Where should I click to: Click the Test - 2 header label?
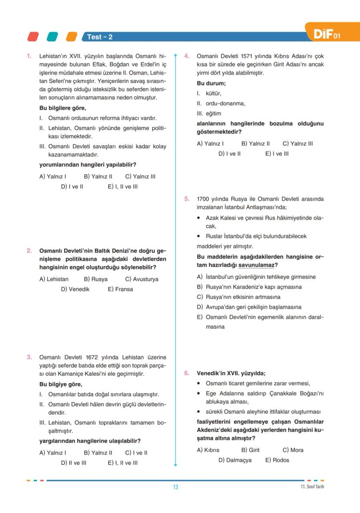coord(100,37)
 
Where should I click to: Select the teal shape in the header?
coord(53,37)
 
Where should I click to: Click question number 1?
coord(29,56)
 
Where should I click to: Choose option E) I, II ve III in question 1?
coord(123,187)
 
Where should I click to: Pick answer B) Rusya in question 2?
coord(96,279)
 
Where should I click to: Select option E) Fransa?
coord(120,289)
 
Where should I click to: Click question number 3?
coord(29,357)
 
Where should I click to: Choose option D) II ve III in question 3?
coord(73,463)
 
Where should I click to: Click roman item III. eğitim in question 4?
coord(209,113)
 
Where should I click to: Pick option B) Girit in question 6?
coord(250,450)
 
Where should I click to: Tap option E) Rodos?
coord(277,460)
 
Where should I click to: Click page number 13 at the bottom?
coord(176,487)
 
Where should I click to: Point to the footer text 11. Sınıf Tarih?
coord(312,486)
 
